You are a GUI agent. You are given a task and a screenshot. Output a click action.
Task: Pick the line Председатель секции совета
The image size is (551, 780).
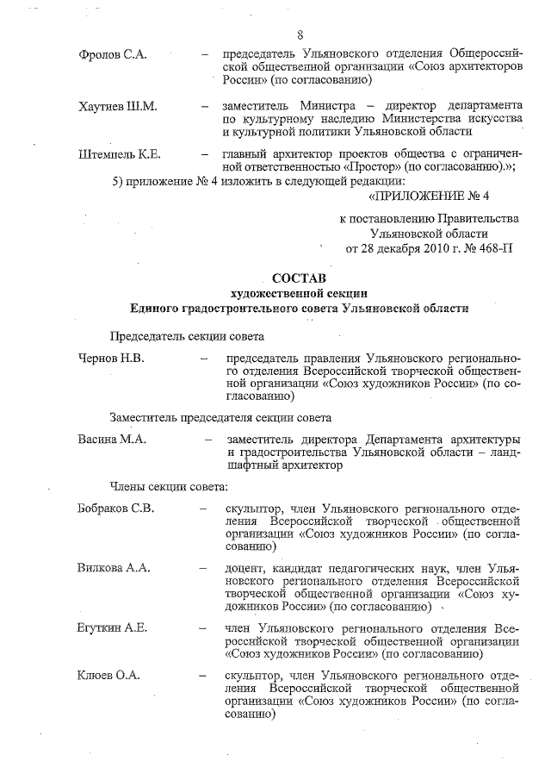[x=186, y=336]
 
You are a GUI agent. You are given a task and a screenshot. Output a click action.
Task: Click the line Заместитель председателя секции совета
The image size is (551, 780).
[x=220, y=417]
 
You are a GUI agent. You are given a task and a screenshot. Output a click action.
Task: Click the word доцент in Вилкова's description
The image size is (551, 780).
[x=245, y=569]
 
